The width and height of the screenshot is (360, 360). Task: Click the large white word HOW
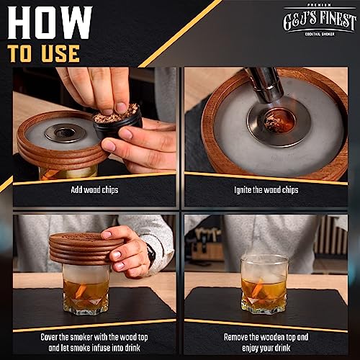click(50, 23)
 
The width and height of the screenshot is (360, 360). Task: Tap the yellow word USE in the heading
click(60, 53)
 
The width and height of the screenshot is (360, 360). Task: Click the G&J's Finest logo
click(320, 20)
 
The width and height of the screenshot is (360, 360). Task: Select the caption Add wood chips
click(94, 190)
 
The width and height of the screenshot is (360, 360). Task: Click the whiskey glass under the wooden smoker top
click(86, 289)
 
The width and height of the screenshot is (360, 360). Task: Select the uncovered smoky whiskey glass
click(264, 285)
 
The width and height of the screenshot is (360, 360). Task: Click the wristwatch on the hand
click(151, 255)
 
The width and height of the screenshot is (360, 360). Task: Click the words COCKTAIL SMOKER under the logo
click(320, 35)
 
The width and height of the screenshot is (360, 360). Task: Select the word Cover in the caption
click(49, 337)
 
